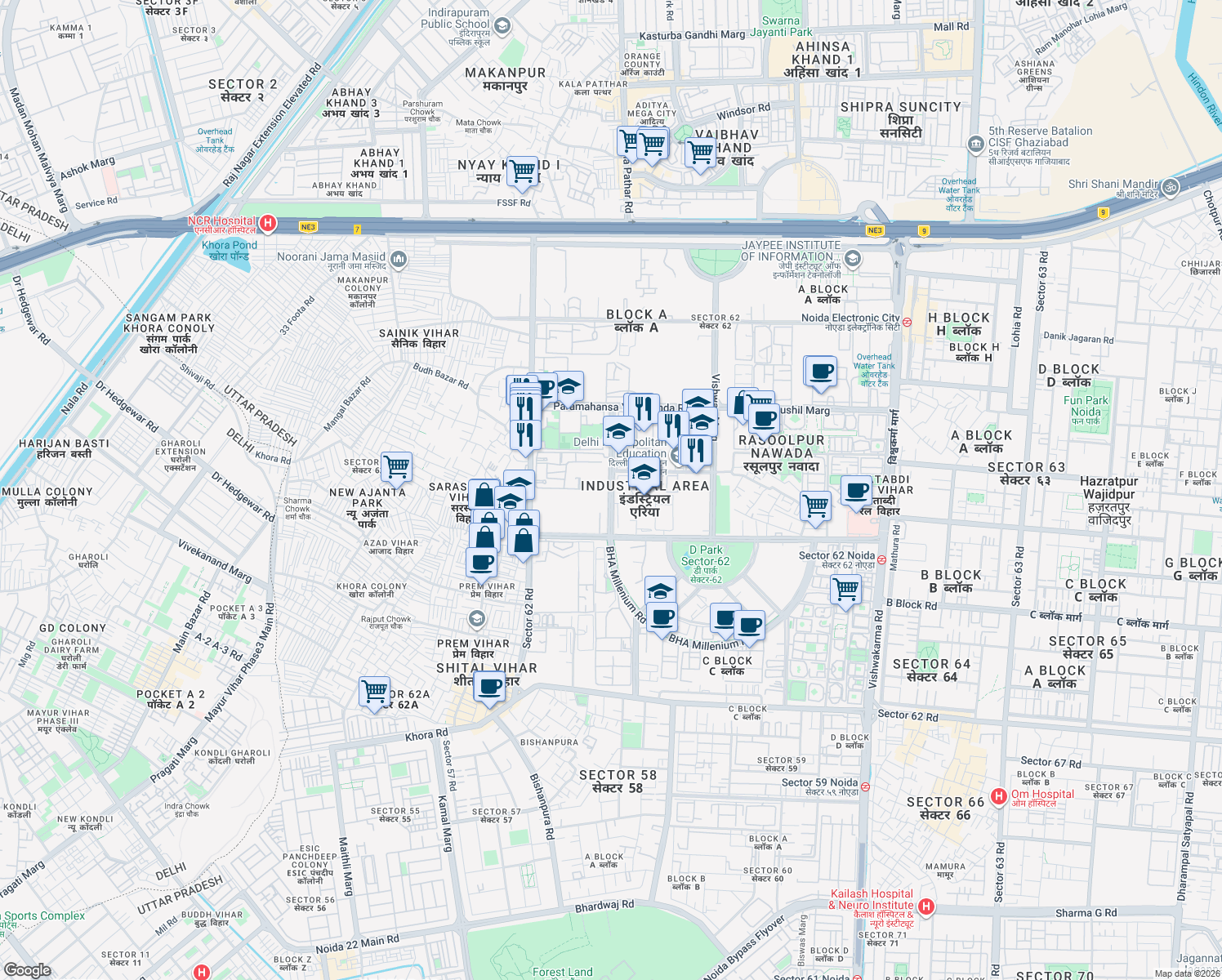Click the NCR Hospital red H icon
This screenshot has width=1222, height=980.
pyautogui.click(x=267, y=223)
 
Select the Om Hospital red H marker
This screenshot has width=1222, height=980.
pyautogui.click(x=998, y=796)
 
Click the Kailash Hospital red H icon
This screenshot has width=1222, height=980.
pyautogui.click(x=925, y=906)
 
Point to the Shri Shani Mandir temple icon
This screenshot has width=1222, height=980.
pyautogui.click(x=1170, y=187)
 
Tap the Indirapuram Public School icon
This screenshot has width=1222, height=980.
pyautogui.click(x=502, y=26)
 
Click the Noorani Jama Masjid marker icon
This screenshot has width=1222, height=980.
pyautogui.click(x=398, y=260)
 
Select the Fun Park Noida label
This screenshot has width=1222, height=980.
pyautogui.click(x=1086, y=407)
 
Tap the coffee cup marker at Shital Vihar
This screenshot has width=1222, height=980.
pyautogui.click(x=488, y=686)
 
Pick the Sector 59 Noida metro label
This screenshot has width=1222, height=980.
pyautogui.click(x=819, y=782)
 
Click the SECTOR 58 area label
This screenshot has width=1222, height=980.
pyautogui.click(x=618, y=781)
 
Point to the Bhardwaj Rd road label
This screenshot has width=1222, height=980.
pyautogui.click(x=604, y=906)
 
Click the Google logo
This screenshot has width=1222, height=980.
pyautogui.click(x=27, y=969)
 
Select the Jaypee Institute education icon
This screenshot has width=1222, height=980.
pyautogui.click(x=852, y=260)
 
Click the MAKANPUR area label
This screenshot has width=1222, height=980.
pyautogui.click(x=505, y=78)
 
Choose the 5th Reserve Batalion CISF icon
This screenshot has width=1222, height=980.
pyautogui.click(x=975, y=145)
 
